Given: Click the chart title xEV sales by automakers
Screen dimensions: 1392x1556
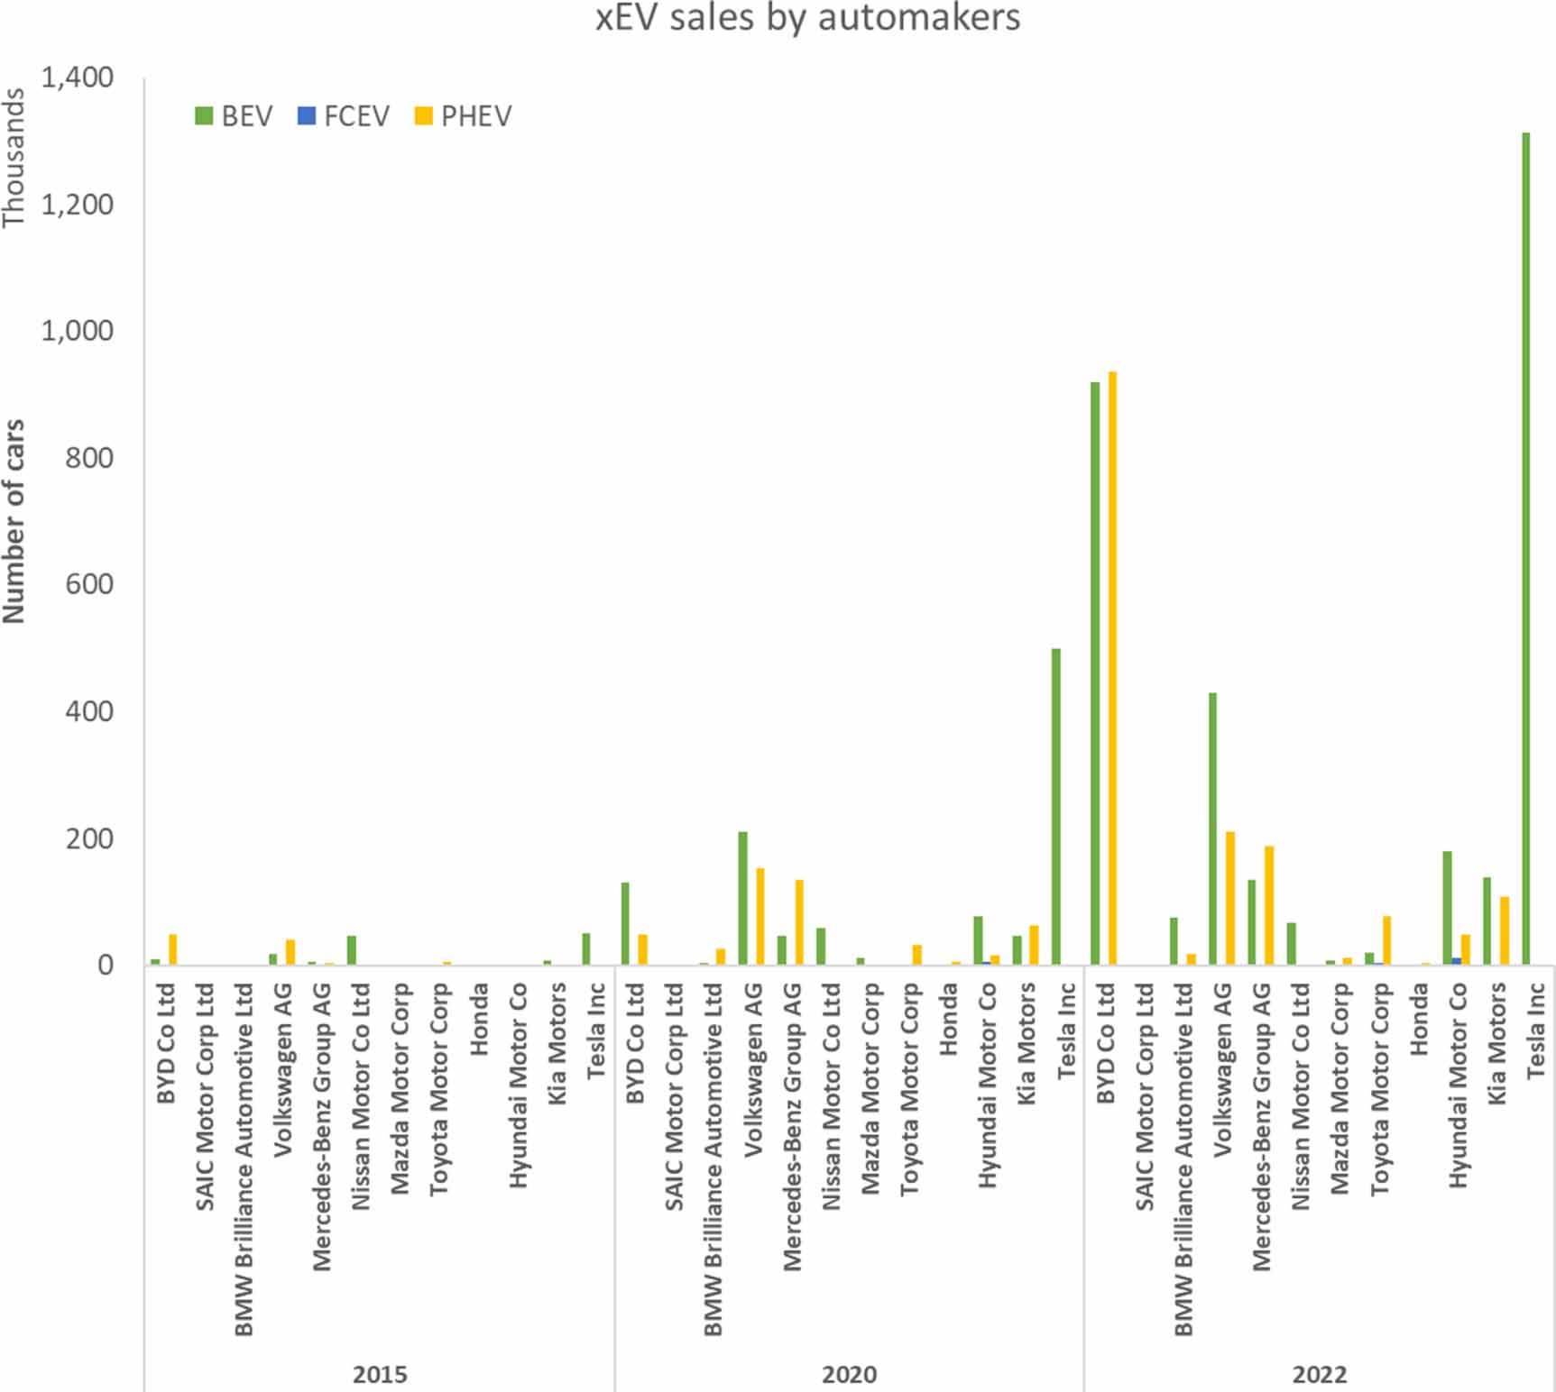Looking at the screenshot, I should tap(807, 18).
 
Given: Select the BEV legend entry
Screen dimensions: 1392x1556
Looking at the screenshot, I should tap(234, 116).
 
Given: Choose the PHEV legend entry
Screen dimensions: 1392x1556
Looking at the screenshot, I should tap(464, 116).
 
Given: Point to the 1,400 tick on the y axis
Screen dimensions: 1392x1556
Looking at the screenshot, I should tap(78, 78).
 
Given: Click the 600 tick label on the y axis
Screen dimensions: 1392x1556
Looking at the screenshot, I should tap(89, 585).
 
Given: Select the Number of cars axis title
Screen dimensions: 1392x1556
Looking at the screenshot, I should tap(14, 521).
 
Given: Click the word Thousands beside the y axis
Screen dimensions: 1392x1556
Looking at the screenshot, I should tap(14, 158).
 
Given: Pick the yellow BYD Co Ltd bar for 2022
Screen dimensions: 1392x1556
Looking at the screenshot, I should tap(1113, 667).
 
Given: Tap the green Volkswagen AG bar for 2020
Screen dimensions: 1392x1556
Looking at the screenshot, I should tap(742, 897).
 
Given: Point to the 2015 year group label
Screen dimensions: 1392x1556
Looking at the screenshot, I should tap(380, 1374).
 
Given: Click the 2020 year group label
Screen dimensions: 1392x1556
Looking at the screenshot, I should tap(849, 1374).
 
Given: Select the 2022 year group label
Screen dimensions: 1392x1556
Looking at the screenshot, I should tap(1320, 1374).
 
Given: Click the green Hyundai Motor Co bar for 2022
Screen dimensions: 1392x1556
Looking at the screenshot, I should tap(1447, 907).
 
